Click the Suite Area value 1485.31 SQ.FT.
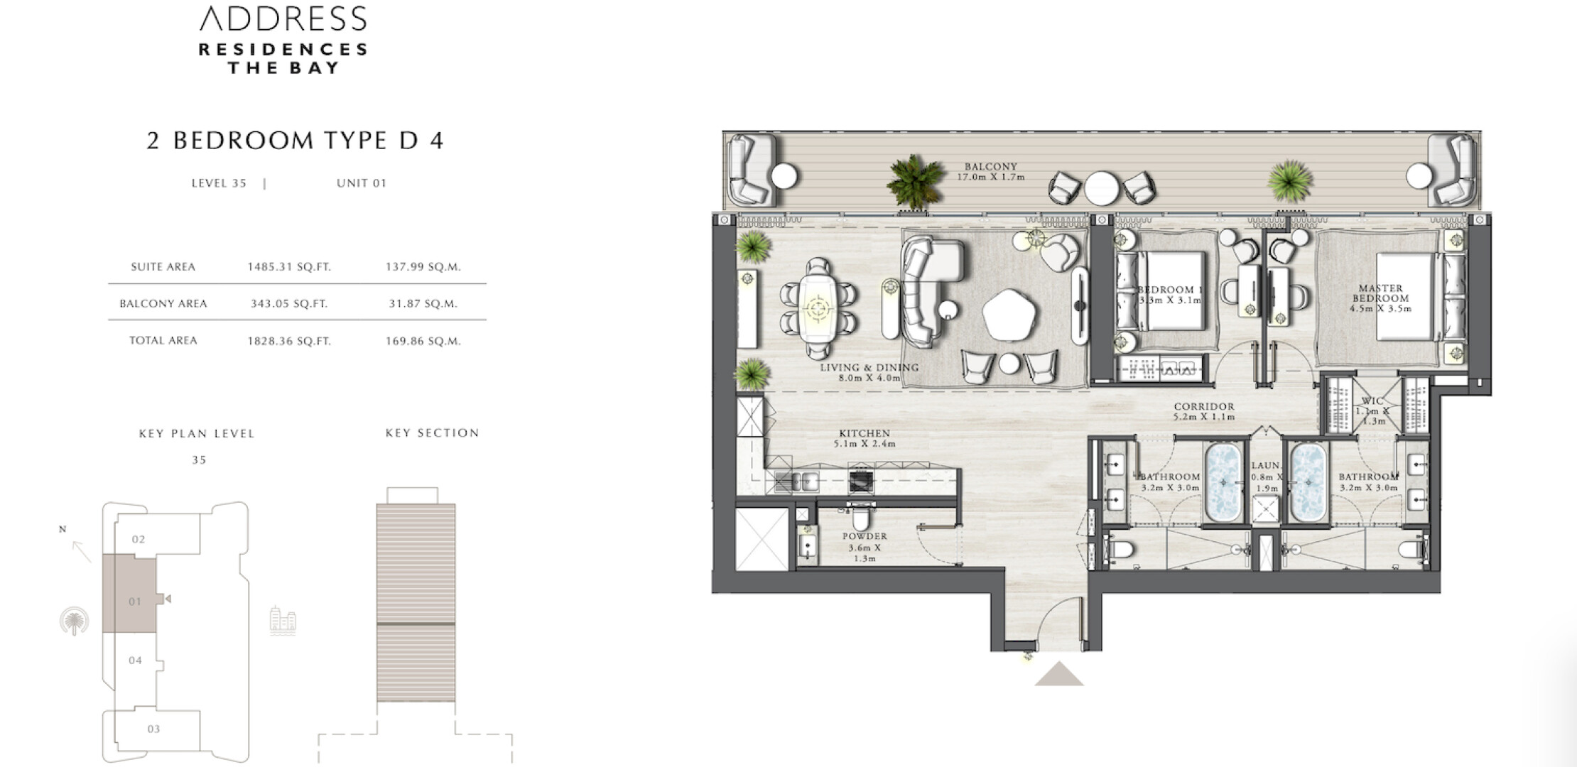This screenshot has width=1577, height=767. [289, 267]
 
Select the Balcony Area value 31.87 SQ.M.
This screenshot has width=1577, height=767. [423, 304]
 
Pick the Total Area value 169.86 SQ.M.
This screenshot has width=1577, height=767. [423, 341]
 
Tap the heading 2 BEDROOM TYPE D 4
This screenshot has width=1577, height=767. [295, 141]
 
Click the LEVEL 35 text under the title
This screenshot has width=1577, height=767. [219, 183]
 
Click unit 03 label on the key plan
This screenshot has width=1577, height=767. [153, 729]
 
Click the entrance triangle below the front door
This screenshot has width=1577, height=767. [1058, 674]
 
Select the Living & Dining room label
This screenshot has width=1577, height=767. [869, 373]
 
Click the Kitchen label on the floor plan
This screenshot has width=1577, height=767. [865, 438]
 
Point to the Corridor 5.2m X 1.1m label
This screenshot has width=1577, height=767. [1204, 412]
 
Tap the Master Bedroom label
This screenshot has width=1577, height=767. [1380, 298]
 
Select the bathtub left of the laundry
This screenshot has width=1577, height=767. [1223, 482]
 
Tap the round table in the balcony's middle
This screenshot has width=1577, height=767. [1102, 188]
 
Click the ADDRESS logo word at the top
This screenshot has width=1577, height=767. [283, 19]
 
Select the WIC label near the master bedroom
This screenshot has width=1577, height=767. [1372, 402]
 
